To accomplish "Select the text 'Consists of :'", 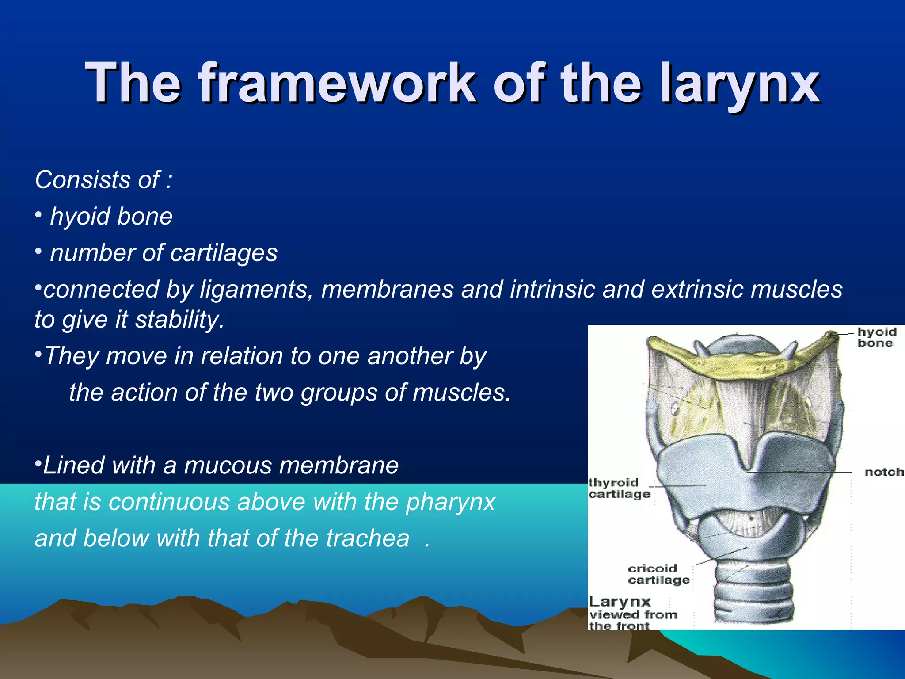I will coord(103,180).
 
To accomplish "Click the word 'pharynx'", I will coord(450,502).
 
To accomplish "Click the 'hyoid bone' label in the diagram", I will coord(877,337).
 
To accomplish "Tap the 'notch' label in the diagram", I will coord(884,472).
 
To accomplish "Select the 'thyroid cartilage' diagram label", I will coord(619,488).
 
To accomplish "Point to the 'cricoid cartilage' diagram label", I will coord(658,574).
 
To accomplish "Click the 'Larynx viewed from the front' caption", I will coord(632,614).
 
